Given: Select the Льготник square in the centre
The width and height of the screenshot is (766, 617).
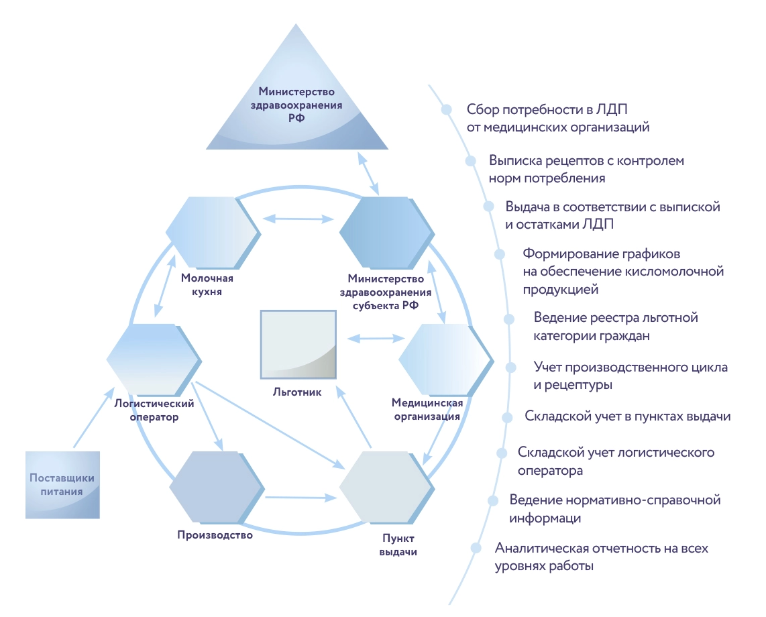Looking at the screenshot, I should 298,343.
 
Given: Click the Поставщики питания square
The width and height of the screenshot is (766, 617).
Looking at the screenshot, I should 62,484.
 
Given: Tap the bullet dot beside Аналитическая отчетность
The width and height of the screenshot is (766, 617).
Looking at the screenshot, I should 476,548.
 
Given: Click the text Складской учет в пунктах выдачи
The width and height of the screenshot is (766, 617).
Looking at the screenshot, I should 628,416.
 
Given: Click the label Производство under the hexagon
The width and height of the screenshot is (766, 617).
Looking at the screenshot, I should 215,535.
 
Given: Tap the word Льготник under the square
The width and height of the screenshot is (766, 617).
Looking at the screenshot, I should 298,392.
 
